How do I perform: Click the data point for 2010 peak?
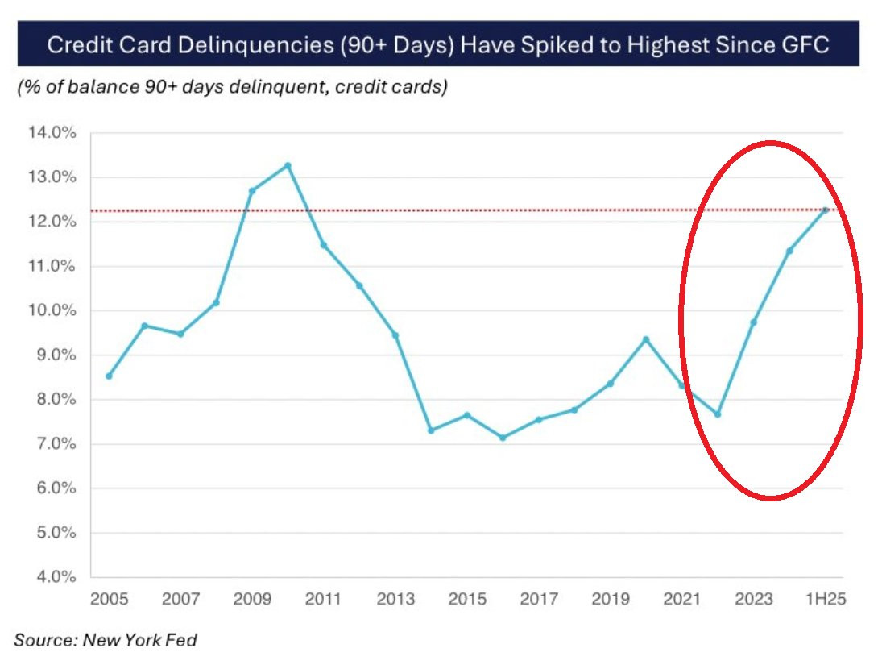[288, 165]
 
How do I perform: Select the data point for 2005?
[109, 376]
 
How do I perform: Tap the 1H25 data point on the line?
[826, 210]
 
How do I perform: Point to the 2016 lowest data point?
[503, 438]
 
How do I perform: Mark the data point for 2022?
[718, 414]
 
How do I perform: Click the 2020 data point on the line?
[646, 339]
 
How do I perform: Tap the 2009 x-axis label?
[252, 600]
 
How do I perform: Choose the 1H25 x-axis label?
[826, 600]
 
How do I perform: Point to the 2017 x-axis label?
[539, 600]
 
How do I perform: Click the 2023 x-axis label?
[754, 600]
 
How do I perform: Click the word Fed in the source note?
[182, 641]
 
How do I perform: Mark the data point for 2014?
[431, 430]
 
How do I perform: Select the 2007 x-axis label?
[180, 600]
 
